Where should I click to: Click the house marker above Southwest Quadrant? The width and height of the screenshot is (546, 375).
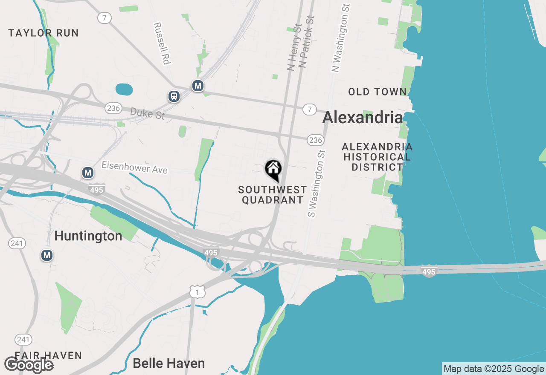point(273,170)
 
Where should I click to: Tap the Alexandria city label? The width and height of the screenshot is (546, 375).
point(363,118)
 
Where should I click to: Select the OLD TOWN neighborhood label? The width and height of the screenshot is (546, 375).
point(377,92)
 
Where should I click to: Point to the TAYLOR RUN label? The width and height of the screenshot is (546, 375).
point(44,33)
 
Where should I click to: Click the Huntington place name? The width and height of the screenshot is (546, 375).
point(88,236)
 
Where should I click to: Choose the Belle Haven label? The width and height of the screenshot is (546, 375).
point(169,363)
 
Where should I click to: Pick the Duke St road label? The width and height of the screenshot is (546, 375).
point(147,114)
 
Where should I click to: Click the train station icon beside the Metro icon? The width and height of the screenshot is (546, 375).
point(174,96)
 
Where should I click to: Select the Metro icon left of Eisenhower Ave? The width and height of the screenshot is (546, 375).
point(88,173)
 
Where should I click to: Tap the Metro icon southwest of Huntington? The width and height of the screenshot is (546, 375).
point(47,255)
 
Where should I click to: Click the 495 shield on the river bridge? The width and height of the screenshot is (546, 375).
point(429,271)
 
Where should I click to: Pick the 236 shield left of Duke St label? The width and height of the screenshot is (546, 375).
point(113,108)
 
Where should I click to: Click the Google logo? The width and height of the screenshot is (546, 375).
point(29,365)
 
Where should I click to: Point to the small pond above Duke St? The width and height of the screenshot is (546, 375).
point(124,89)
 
